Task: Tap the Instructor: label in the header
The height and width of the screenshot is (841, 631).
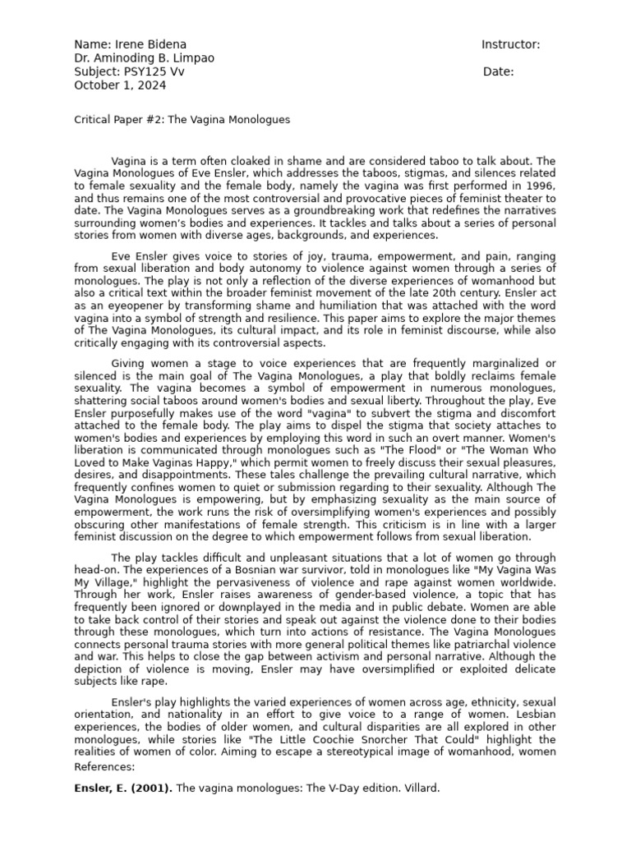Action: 510,44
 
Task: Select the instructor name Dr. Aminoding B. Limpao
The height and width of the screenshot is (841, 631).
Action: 145,58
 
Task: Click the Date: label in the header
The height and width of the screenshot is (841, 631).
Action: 498,71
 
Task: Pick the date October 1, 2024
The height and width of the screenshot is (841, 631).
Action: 120,85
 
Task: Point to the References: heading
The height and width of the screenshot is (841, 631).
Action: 104,766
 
